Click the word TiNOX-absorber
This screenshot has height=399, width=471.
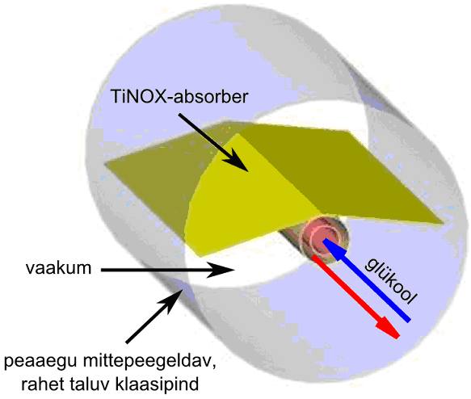coord(179,97)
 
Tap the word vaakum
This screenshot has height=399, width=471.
coord(58,267)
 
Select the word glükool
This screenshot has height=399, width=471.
coord(391,281)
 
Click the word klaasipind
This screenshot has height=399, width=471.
coord(155,384)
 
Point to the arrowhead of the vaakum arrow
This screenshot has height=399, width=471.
coord(221,270)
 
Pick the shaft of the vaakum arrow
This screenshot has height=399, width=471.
coord(154,270)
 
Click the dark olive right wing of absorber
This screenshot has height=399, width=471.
coord(339,171)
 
